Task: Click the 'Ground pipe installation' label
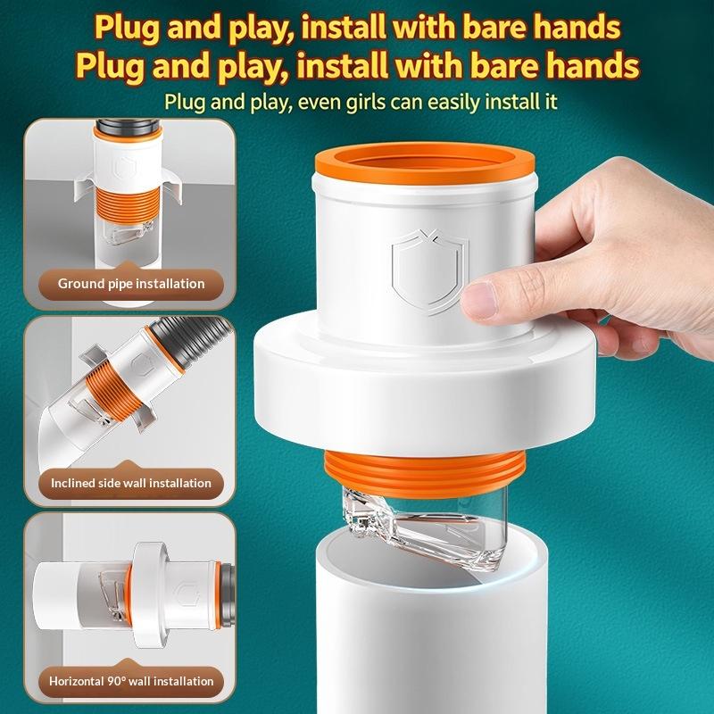coord(131,284)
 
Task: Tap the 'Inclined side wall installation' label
coord(131,483)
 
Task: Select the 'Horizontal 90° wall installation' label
coord(131,681)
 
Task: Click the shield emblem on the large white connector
coord(428,272)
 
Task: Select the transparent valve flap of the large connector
coord(423,528)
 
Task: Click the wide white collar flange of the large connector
coord(425,387)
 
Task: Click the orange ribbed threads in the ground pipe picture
coord(128,204)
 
